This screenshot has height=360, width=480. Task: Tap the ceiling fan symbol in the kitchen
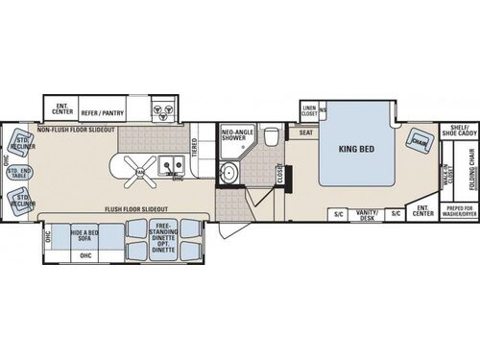(142, 171)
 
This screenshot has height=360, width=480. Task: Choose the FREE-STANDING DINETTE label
(160, 232)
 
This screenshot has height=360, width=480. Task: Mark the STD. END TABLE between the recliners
(19, 174)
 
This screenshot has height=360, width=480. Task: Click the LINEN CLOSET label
(308, 111)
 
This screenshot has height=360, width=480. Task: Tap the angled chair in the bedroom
(419, 139)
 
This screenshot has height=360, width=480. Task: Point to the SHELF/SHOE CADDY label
(453, 131)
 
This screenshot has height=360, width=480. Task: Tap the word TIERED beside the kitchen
(195, 146)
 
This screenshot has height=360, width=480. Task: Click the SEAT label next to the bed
(305, 133)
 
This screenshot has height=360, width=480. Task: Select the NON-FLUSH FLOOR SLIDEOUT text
(77, 129)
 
